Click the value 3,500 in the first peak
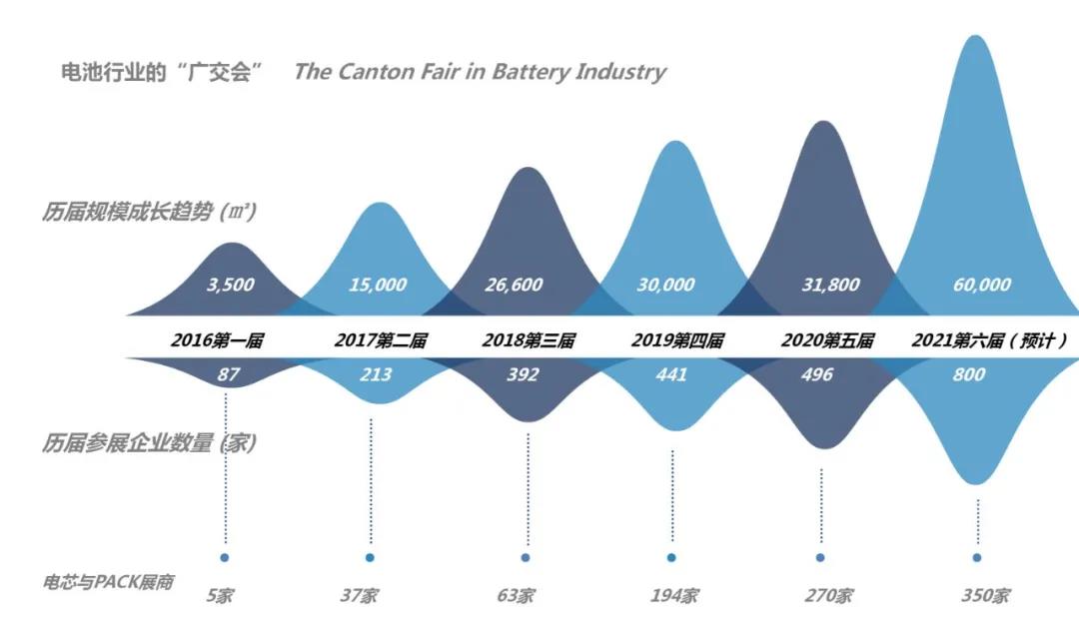click(x=230, y=285)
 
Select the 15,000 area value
click(x=378, y=285)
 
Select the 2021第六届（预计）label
click(x=989, y=340)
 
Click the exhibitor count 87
click(x=229, y=374)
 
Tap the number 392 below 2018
click(x=523, y=374)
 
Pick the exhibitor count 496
click(x=818, y=374)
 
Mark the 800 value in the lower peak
click(x=968, y=374)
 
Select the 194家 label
click(x=672, y=596)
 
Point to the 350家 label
click(x=984, y=596)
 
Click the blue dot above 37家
click(x=370, y=557)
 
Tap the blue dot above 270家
click(x=820, y=557)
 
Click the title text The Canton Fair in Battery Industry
click(x=480, y=72)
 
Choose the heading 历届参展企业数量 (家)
click(x=149, y=443)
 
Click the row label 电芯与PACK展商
click(x=108, y=581)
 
